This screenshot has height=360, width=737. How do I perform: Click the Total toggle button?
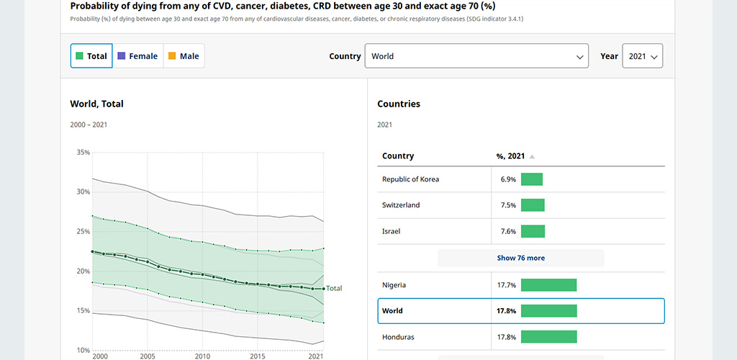tap(91, 56)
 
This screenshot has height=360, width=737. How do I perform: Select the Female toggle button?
tap(137, 56)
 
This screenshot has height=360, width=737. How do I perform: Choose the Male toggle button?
tap(184, 56)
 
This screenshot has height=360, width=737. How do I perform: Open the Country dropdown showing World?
tap(476, 56)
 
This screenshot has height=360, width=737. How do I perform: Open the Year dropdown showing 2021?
tap(643, 56)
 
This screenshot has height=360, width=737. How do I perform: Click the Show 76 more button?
tap(521, 258)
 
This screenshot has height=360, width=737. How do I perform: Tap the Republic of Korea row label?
tap(411, 179)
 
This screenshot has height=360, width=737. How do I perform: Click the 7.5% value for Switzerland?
tap(509, 205)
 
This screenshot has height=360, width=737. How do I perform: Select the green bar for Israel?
tap(533, 231)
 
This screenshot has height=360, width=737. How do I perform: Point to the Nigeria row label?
tap(394, 285)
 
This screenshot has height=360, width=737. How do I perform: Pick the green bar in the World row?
tap(548, 310)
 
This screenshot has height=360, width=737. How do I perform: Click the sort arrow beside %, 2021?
tap(532, 156)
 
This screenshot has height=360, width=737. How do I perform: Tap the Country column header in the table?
tap(398, 156)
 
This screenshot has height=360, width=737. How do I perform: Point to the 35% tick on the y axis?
tap(83, 152)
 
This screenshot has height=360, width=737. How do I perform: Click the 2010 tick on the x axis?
tap(202, 356)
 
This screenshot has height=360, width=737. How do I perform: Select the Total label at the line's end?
tap(334, 288)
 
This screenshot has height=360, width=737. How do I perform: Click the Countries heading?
tap(399, 104)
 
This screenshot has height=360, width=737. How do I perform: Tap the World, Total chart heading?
tap(97, 104)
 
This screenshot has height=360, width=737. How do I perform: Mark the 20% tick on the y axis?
tap(83, 271)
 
